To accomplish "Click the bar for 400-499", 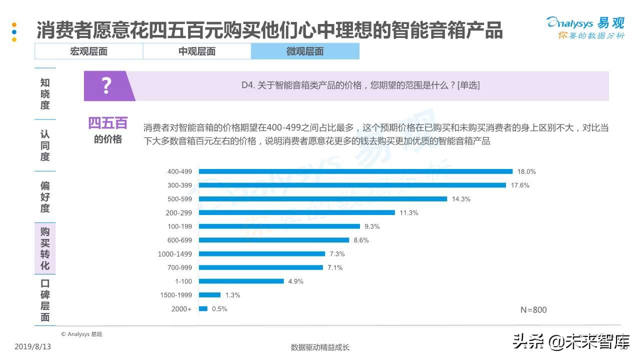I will tap(355, 171).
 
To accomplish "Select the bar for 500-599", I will tap(323, 199).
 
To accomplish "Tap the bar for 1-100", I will tap(241, 281).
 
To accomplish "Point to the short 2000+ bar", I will tap(203, 309).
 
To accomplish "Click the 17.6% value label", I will tap(520, 185).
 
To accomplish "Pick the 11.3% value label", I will tap(408, 213).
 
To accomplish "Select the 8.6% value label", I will tap(361, 240).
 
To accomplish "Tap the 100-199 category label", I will tap(179, 226).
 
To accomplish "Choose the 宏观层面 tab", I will tap(88, 51).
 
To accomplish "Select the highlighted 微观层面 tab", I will tap(305, 51).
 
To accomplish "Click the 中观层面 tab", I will tap(197, 51).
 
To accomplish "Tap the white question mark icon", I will tap(106, 86).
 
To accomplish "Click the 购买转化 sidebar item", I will tap(45, 248).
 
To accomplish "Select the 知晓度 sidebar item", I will tap(45, 94).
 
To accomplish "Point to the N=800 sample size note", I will tap(533, 310).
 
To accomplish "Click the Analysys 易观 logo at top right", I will tap(585, 27).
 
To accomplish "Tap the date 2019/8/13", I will tap(33, 346).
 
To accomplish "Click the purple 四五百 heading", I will tap(108, 123).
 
